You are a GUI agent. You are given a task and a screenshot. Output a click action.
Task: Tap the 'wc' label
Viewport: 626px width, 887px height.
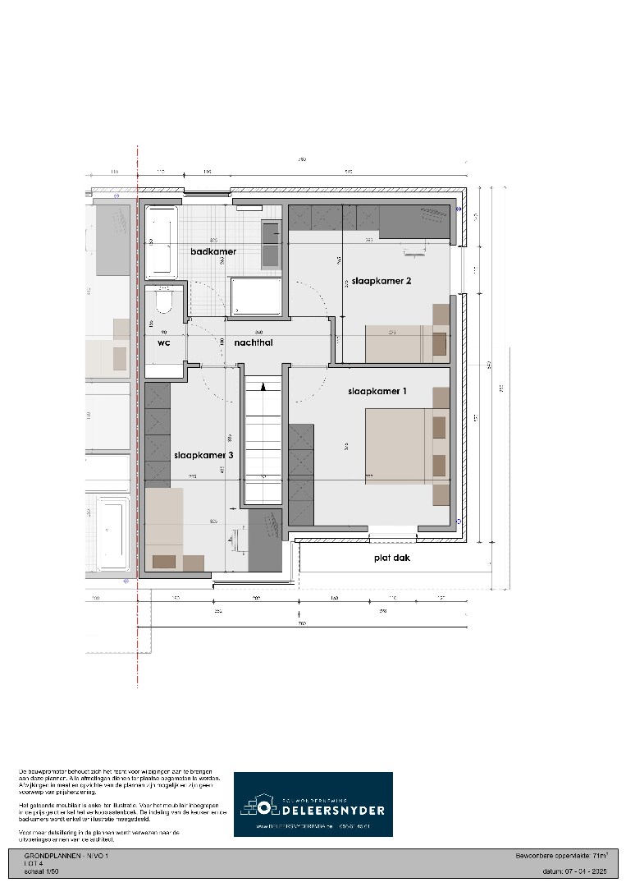coord(163,342)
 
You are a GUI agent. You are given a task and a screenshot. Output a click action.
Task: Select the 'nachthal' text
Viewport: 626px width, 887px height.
coord(253,342)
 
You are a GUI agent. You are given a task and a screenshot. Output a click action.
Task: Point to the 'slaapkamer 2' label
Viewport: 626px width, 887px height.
coord(379,281)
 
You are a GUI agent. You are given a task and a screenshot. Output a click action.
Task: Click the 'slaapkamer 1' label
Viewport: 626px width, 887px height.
coord(377,392)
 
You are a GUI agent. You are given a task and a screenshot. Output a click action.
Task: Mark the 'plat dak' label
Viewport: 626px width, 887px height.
coord(390,558)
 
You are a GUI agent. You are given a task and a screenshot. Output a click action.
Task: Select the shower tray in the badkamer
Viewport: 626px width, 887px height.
coord(258,296)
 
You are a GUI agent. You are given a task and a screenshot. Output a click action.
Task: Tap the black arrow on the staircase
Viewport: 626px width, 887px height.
coord(263,385)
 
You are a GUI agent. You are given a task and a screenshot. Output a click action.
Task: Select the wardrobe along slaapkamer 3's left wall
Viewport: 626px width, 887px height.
coord(157,433)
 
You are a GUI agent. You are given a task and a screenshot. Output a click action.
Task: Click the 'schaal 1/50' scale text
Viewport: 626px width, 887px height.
coord(41,871)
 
